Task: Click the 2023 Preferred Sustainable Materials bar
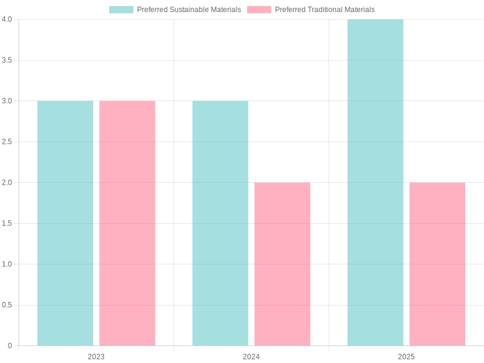(65, 223)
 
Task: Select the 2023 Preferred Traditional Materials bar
(127, 223)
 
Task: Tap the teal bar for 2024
(220, 223)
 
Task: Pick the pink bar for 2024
(283, 264)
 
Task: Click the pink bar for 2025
(437, 264)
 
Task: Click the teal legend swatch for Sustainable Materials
(121, 10)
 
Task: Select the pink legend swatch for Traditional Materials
(259, 10)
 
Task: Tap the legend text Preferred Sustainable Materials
(189, 10)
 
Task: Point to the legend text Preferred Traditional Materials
(325, 10)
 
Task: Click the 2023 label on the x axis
(96, 357)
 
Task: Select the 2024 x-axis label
(251, 357)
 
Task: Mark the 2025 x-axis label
(407, 357)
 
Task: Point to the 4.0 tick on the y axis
(7, 19)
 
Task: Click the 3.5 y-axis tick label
(7, 60)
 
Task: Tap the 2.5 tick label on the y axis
(7, 142)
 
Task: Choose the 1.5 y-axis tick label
(7, 223)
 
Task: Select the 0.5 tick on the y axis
(7, 305)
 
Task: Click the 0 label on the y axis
(10, 346)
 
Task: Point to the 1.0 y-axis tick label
(7, 264)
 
